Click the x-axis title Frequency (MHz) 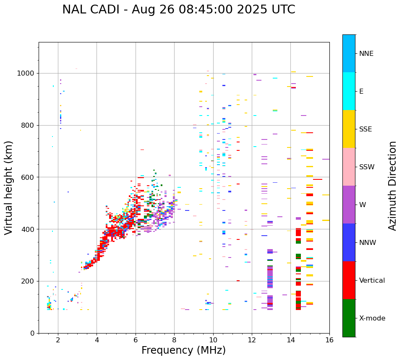[x=183, y=350]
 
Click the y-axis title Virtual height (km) [x=9, y=187]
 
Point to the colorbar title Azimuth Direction [x=392, y=186]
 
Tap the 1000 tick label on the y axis [x=26, y=74]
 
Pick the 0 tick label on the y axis [x=32, y=333]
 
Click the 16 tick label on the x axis [x=329, y=340]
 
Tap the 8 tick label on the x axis [x=174, y=340]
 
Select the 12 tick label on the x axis [x=252, y=340]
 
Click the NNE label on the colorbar [x=366, y=54]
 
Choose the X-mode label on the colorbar [x=372, y=318]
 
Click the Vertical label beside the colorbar [x=372, y=281]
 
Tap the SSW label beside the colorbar [x=367, y=167]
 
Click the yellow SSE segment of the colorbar [x=349, y=129]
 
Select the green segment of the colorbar [x=349, y=318]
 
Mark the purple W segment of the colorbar [x=349, y=205]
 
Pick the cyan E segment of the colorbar [x=349, y=91]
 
